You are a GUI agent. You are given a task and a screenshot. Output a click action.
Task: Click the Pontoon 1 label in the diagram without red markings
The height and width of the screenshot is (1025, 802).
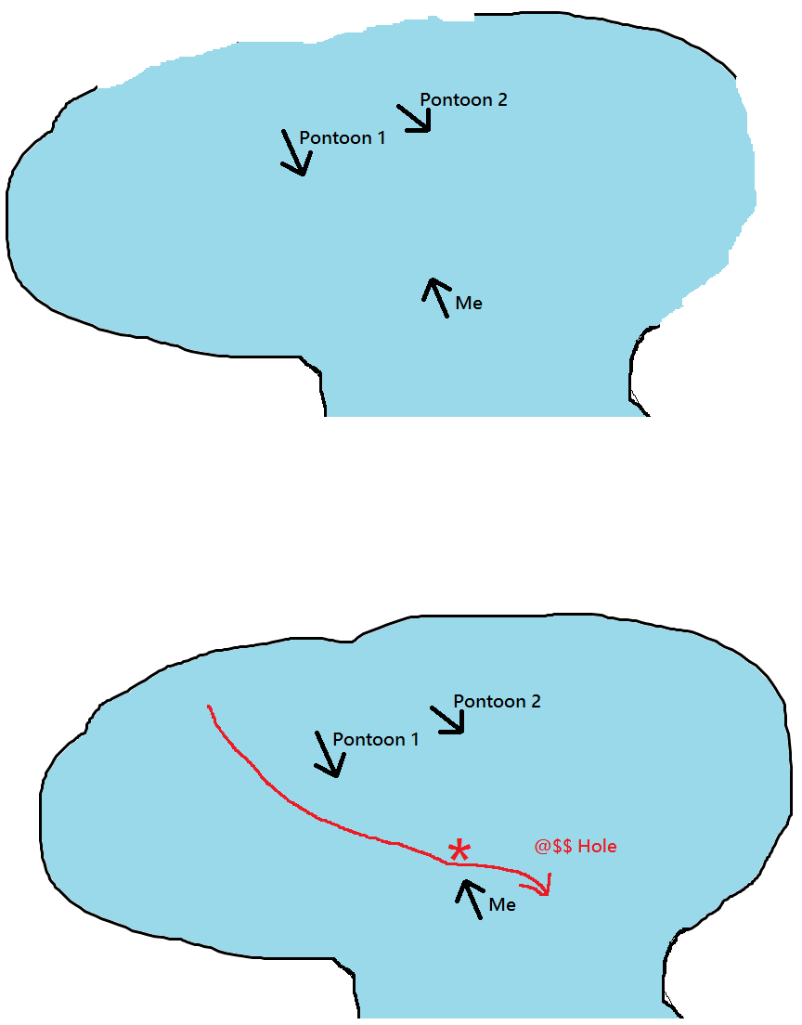click(343, 138)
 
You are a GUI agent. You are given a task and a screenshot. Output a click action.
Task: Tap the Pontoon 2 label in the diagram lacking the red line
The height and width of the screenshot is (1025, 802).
click(463, 100)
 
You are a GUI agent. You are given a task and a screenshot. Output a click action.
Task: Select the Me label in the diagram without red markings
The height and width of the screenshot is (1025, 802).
click(469, 304)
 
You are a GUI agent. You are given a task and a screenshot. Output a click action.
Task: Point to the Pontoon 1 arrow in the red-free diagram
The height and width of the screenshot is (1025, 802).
click(295, 152)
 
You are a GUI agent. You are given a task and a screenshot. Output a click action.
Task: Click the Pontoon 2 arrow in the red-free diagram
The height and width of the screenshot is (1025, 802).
click(415, 118)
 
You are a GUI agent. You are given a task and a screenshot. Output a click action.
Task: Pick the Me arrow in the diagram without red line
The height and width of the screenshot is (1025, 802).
click(436, 297)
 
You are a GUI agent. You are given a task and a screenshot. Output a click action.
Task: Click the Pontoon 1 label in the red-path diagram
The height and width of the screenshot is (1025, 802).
click(376, 739)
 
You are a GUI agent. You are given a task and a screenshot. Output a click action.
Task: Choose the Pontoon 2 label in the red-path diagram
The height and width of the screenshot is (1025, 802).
click(497, 701)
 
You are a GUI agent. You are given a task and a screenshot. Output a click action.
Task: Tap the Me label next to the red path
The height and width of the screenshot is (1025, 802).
click(502, 904)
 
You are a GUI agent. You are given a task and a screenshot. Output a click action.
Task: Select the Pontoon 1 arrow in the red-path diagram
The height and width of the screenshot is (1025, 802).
click(329, 754)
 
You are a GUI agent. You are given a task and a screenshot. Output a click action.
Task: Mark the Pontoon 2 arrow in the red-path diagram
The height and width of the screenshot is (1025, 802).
click(448, 720)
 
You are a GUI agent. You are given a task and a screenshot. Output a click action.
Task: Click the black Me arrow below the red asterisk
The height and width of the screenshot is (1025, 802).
click(470, 899)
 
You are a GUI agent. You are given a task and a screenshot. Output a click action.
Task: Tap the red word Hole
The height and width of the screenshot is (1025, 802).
click(598, 846)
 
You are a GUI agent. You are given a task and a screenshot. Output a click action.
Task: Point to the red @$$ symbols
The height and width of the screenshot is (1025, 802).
click(553, 847)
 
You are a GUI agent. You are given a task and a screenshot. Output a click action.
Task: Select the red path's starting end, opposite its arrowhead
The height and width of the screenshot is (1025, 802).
click(208, 706)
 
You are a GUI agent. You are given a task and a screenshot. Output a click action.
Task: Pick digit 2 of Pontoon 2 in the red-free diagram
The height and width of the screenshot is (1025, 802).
click(502, 100)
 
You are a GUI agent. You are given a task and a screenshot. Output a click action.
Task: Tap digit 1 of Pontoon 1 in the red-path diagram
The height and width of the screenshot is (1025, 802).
click(414, 739)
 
